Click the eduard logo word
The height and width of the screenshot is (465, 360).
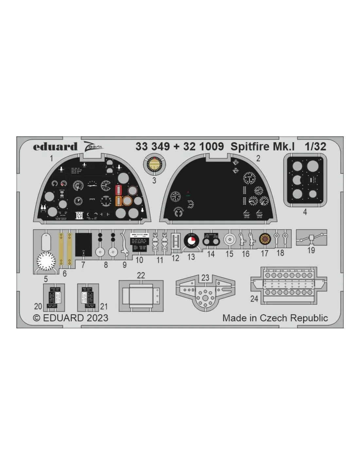point(55,146)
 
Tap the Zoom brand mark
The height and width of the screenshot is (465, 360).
point(93,146)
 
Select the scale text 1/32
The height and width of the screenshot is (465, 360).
point(315,146)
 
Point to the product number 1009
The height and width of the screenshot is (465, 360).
point(211,146)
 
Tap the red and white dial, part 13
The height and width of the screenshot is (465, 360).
point(191,241)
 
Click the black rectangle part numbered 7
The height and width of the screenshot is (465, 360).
point(83,245)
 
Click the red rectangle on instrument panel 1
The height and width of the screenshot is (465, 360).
point(118,190)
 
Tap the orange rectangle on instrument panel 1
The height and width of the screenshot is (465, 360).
point(118,201)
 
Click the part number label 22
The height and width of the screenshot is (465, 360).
point(141,275)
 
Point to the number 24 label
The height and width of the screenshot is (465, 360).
point(254,299)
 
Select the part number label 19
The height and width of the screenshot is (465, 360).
point(311,250)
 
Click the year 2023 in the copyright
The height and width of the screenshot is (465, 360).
point(98,318)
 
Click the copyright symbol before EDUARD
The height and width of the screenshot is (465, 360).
point(37,318)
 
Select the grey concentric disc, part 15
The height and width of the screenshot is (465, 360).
point(229,240)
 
